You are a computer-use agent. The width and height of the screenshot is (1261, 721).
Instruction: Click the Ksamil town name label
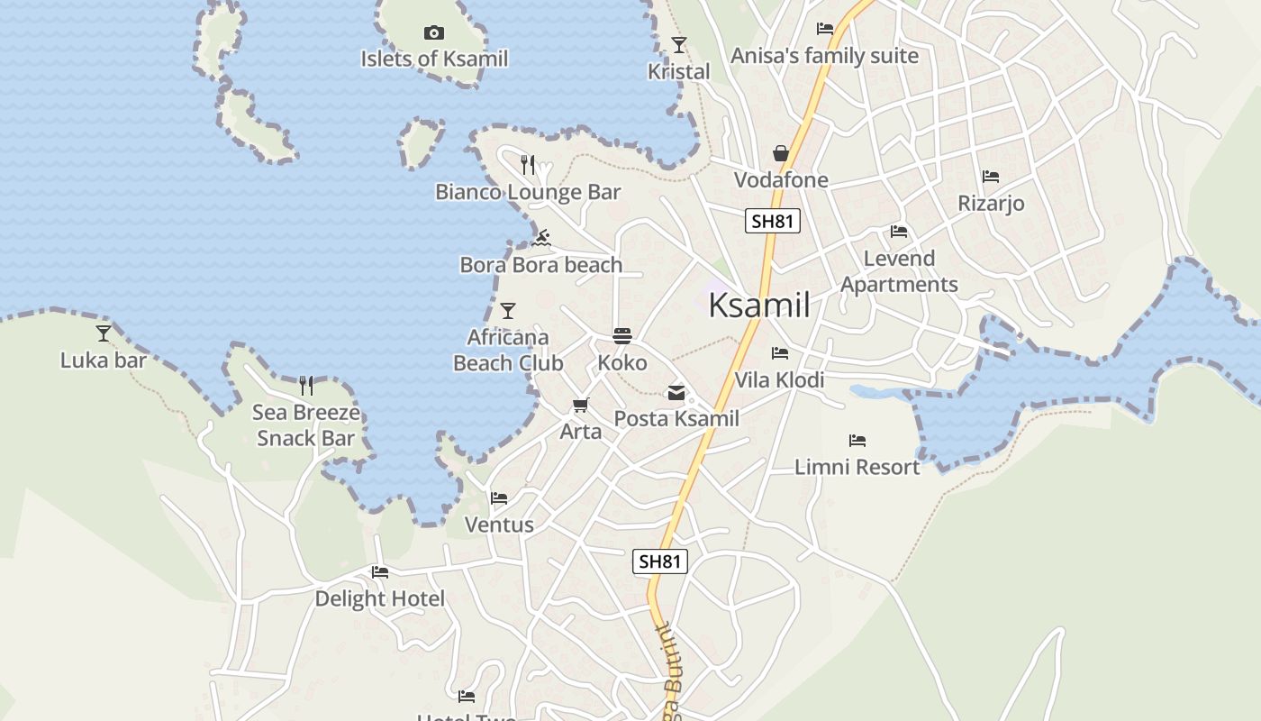[x=758, y=305]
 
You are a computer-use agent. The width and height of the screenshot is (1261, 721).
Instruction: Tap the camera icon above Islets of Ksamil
[x=434, y=33]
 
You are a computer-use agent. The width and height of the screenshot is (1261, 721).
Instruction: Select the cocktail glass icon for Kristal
[x=679, y=44]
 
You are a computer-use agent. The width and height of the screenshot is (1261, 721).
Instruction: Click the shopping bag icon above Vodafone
[x=781, y=154]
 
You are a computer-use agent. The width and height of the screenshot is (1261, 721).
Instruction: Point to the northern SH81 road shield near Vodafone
[x=773, y=221]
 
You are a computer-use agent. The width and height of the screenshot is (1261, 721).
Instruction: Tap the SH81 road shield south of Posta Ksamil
[x=659, y=561]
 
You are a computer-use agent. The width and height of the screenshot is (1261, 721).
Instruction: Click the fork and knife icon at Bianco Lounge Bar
[x=528, y=165]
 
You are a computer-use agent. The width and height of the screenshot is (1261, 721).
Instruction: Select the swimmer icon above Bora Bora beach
[x=541, y=238]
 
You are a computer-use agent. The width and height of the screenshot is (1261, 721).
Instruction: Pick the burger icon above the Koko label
[x=622, y=336]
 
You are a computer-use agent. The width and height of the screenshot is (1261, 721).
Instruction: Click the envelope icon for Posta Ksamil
[x=676, y=392]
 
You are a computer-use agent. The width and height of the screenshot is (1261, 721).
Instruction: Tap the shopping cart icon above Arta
[x=581, y=406]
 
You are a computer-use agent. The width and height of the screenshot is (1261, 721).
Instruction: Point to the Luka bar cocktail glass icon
[x=104, y=333]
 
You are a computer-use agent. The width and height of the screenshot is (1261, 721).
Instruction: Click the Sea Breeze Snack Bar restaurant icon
[x=306, y=386]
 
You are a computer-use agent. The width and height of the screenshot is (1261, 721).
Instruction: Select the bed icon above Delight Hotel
[x=379, y=571]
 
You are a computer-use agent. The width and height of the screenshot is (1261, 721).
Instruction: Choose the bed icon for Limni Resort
[x=857, y=441]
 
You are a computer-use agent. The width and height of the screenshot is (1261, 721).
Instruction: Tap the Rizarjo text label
[x=991, y=204]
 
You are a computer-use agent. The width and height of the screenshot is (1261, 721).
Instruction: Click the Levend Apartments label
[x=899, y=271]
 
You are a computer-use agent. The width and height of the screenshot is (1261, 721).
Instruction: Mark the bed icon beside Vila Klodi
[x=780, y=353]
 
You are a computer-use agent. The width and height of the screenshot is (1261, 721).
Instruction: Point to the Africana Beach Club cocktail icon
[x=508, y=311]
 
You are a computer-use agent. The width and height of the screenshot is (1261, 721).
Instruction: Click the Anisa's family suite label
[x=824, y=56]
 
